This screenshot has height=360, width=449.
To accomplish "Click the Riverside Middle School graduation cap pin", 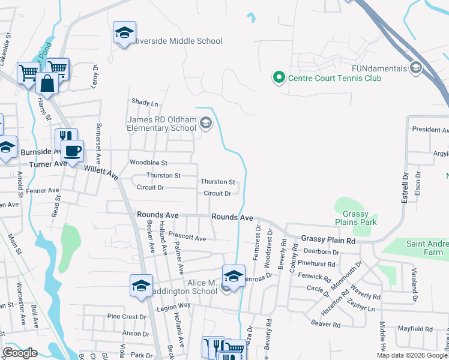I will (x=124, y=34).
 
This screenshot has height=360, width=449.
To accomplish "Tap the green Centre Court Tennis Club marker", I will (x=279, y=78).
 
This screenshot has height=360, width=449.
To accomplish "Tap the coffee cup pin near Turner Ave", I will (x=73, y=151).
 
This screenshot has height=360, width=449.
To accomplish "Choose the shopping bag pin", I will (x=47, y=84).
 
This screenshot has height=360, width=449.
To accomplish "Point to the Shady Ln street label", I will (x=144, y=103).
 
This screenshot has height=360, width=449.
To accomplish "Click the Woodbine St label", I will (x=148, y=163).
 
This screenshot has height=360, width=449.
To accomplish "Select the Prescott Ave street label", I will (x=187, y=238).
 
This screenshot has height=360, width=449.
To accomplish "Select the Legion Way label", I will (x=174, y=305).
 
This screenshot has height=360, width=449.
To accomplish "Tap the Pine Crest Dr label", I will (x=127, y=316).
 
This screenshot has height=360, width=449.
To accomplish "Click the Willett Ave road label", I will (x=101, y=172).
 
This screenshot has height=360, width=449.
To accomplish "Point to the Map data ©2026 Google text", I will (x=411, y=355).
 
